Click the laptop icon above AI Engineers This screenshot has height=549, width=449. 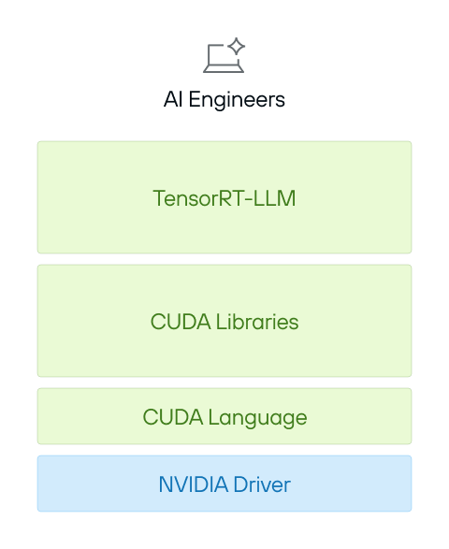[224, 56]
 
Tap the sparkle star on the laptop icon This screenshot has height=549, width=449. [237, 46]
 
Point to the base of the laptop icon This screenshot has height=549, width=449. [224, 69]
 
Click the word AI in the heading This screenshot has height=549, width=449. [173, 99]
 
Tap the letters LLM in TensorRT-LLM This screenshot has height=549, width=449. [277, 198]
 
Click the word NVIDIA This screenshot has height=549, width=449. [189, 484]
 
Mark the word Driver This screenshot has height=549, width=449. [259, 484]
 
